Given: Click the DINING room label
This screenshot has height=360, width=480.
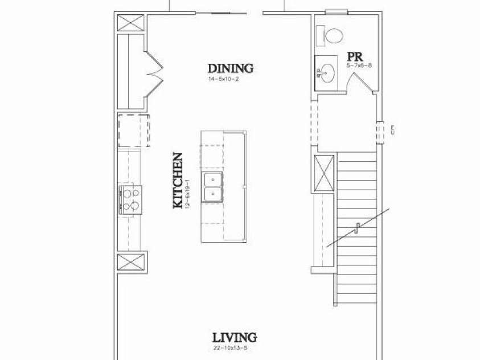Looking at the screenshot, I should coord(230,68).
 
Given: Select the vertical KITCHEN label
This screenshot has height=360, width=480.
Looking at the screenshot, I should coord(178,180).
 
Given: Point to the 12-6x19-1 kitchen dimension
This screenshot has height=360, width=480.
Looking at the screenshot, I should coord(187,194).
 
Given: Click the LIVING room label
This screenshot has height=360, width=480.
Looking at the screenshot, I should coord(234,337).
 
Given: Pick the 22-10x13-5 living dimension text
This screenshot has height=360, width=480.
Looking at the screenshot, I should coord(230,349).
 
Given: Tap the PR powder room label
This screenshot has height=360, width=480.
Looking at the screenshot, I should coord(355,57).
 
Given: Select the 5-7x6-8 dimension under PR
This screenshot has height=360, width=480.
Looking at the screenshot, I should coord(359,66).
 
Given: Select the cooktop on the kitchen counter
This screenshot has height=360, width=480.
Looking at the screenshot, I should coord(130,200).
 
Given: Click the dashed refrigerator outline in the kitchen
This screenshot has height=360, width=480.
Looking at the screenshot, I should coord(134,130).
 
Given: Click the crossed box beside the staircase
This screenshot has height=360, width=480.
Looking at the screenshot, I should coord(325,173).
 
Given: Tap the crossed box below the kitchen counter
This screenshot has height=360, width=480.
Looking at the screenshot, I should coord(132,263).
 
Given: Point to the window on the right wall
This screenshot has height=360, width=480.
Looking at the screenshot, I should coord(381,130).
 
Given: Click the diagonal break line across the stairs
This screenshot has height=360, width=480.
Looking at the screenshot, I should coord(358,227).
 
